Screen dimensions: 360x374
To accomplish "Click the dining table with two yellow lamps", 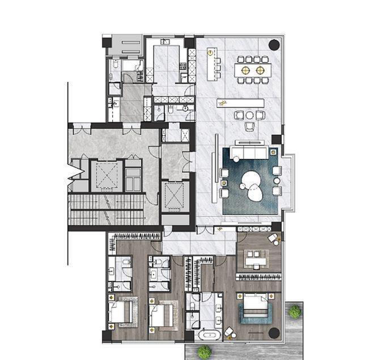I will point(253,70).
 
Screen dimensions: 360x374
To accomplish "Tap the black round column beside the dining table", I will point(274,44).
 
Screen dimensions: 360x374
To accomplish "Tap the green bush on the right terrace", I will point(294,310).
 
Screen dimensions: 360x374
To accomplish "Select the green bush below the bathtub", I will point(204,352).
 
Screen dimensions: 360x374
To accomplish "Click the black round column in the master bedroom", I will point(274,333).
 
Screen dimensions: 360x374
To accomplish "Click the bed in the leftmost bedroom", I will point(121,312).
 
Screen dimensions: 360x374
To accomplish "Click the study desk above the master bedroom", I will point(256,258).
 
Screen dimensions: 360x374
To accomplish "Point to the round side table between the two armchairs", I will point(250,115).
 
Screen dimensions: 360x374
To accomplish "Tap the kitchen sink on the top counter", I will point(164,42).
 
